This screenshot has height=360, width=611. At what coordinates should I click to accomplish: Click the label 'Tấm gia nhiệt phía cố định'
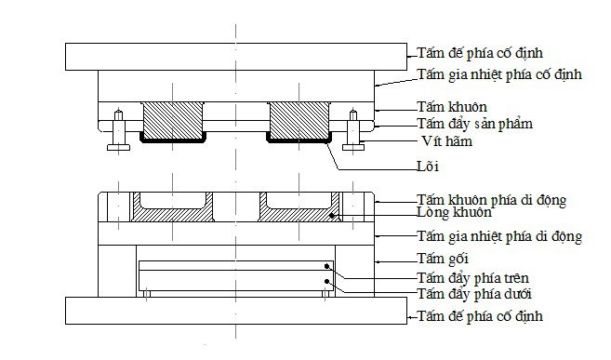click(x=499, y=74)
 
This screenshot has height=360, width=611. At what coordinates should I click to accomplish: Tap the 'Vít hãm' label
click(x=446, y=140)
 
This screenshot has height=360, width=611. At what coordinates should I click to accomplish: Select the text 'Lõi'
click(x=428, y=167)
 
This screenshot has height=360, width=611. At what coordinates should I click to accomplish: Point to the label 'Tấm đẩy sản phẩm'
click(x=474, y=124)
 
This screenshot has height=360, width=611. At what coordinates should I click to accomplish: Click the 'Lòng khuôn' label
click(x=454, y=212)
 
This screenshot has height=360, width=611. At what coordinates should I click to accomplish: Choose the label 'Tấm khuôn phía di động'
click(x=491, y=200)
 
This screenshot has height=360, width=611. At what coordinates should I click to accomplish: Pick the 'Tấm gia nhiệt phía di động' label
click(x=499, y=236)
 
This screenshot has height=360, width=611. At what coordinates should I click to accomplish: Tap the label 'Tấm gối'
click(x=443, y=259)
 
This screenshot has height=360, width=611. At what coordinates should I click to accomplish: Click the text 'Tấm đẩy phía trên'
click(x=472, y=278)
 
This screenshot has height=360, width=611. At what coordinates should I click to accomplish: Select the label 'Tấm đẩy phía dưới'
click(x=474, y=293)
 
